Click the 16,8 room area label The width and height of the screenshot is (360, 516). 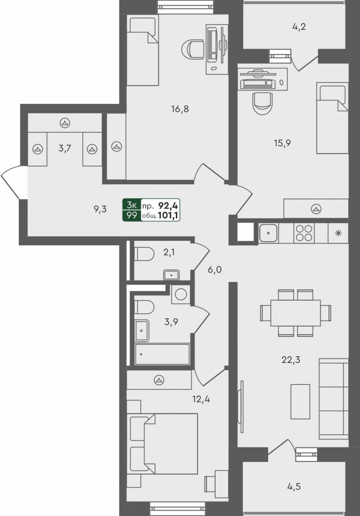click(180, 109)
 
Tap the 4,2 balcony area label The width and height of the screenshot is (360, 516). click(299, 27)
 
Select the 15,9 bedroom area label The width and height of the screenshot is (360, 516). click(282, 143)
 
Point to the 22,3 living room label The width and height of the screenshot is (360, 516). click(291, 360)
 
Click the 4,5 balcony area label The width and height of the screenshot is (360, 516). click(294, 486)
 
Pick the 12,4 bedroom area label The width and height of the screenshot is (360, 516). click(201, 399)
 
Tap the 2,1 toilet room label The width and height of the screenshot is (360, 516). click(169, 253)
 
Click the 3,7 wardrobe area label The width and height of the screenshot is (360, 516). click(64, 149)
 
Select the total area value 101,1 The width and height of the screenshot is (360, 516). click(168, 216)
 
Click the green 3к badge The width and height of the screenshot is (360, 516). click(131, 205)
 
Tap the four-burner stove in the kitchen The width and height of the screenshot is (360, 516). click(304, 233)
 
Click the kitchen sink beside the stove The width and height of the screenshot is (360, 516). click(268, 233)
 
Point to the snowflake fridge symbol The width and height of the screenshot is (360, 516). click(338, 233)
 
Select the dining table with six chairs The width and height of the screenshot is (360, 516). click(296, 313)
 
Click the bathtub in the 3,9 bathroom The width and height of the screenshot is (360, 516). click(162, 354)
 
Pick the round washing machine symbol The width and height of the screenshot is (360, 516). click(180, 294)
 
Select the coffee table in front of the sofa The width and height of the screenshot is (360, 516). click(300, 402)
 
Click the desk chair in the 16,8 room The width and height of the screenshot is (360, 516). click(193, 50)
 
